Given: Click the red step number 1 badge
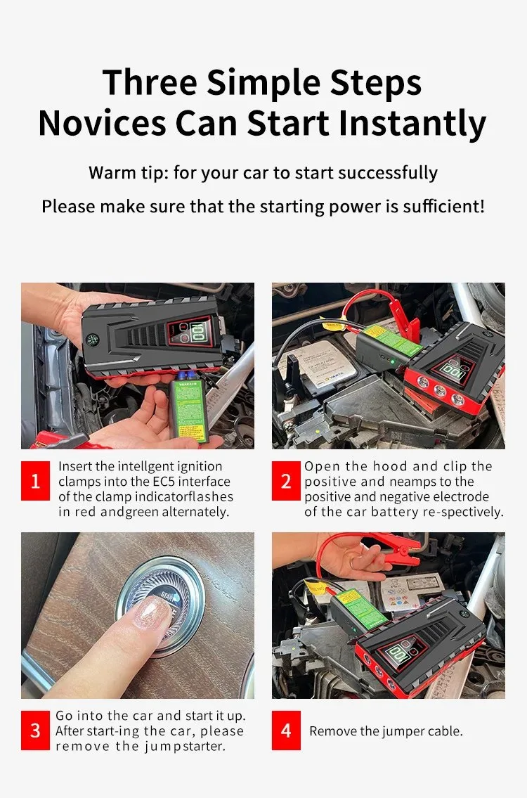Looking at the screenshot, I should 35,481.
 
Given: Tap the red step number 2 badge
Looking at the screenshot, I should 286,481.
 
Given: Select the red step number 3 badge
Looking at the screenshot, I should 35,731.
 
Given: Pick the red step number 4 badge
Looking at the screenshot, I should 286,731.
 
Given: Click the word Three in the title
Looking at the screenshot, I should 149,83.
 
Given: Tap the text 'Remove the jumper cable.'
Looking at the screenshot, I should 386,731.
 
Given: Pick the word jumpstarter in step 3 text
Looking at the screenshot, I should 186,746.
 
